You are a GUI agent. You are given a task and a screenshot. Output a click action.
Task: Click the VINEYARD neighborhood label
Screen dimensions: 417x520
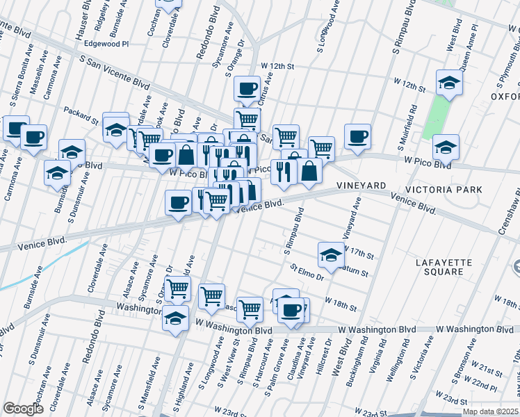(361, 186)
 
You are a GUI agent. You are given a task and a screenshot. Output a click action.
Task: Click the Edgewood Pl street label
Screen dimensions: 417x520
(106, 43)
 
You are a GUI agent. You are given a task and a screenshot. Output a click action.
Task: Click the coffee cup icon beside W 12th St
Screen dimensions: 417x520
(247, 88)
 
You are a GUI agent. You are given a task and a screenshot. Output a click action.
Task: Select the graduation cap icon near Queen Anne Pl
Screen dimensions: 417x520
(449, 83)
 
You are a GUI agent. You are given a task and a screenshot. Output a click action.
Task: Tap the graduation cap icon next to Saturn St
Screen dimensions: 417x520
(332, 254)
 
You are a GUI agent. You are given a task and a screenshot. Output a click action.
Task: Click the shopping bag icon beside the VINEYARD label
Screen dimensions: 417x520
(309, 171)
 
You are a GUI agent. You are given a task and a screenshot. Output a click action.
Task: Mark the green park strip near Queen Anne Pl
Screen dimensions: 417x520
(439, 115)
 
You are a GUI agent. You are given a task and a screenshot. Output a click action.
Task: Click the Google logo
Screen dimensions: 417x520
(23, 409)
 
